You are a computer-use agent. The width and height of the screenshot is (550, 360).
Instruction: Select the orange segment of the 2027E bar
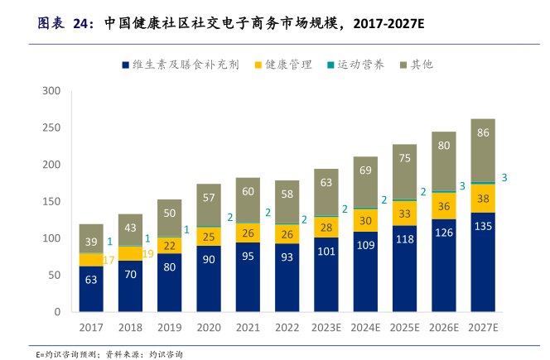[x=483, y=199]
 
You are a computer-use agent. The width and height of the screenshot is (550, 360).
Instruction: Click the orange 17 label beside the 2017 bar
[x=109, y=260]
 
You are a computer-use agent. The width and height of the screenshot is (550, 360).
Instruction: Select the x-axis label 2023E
[x=326, y=328]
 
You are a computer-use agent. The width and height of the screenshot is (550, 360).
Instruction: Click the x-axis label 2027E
[x=483, y=328]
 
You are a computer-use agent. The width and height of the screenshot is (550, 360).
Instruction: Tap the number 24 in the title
[x=82, y=24]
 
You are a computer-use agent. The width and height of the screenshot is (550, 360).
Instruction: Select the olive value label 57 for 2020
[x=209, y=198]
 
